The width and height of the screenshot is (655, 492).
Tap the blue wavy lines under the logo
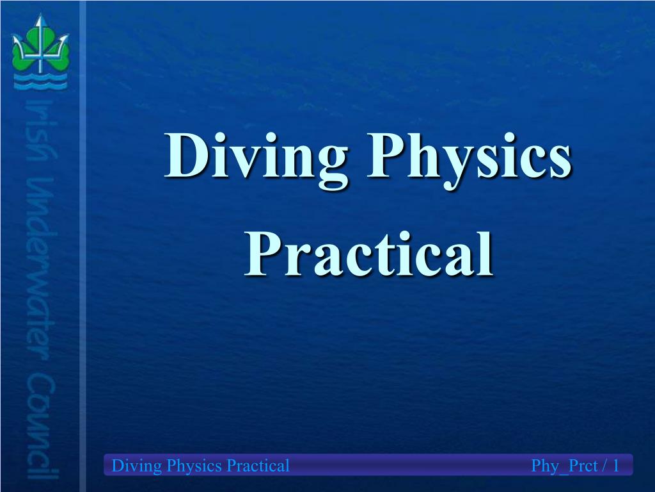40,80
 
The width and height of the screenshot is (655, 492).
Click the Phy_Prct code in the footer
563,466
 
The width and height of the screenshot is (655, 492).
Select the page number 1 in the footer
615,466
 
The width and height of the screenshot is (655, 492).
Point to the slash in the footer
603,466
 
